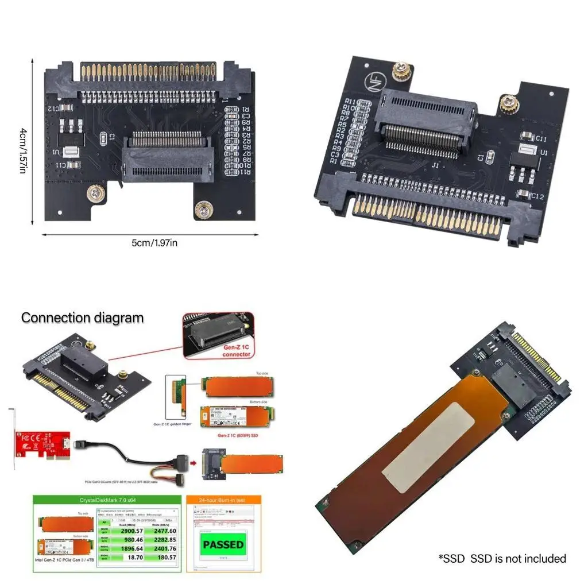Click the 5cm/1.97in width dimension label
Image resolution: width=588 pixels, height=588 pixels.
154,242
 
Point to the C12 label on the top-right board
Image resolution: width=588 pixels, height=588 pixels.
537,196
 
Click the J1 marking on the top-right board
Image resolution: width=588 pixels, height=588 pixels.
435,165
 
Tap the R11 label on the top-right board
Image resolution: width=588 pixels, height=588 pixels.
349,102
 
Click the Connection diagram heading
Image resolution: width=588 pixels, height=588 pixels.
83,318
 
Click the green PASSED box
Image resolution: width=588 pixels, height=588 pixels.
223,544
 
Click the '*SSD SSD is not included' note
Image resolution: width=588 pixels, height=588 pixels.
502,558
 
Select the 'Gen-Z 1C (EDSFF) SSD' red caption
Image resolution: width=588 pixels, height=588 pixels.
238,434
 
